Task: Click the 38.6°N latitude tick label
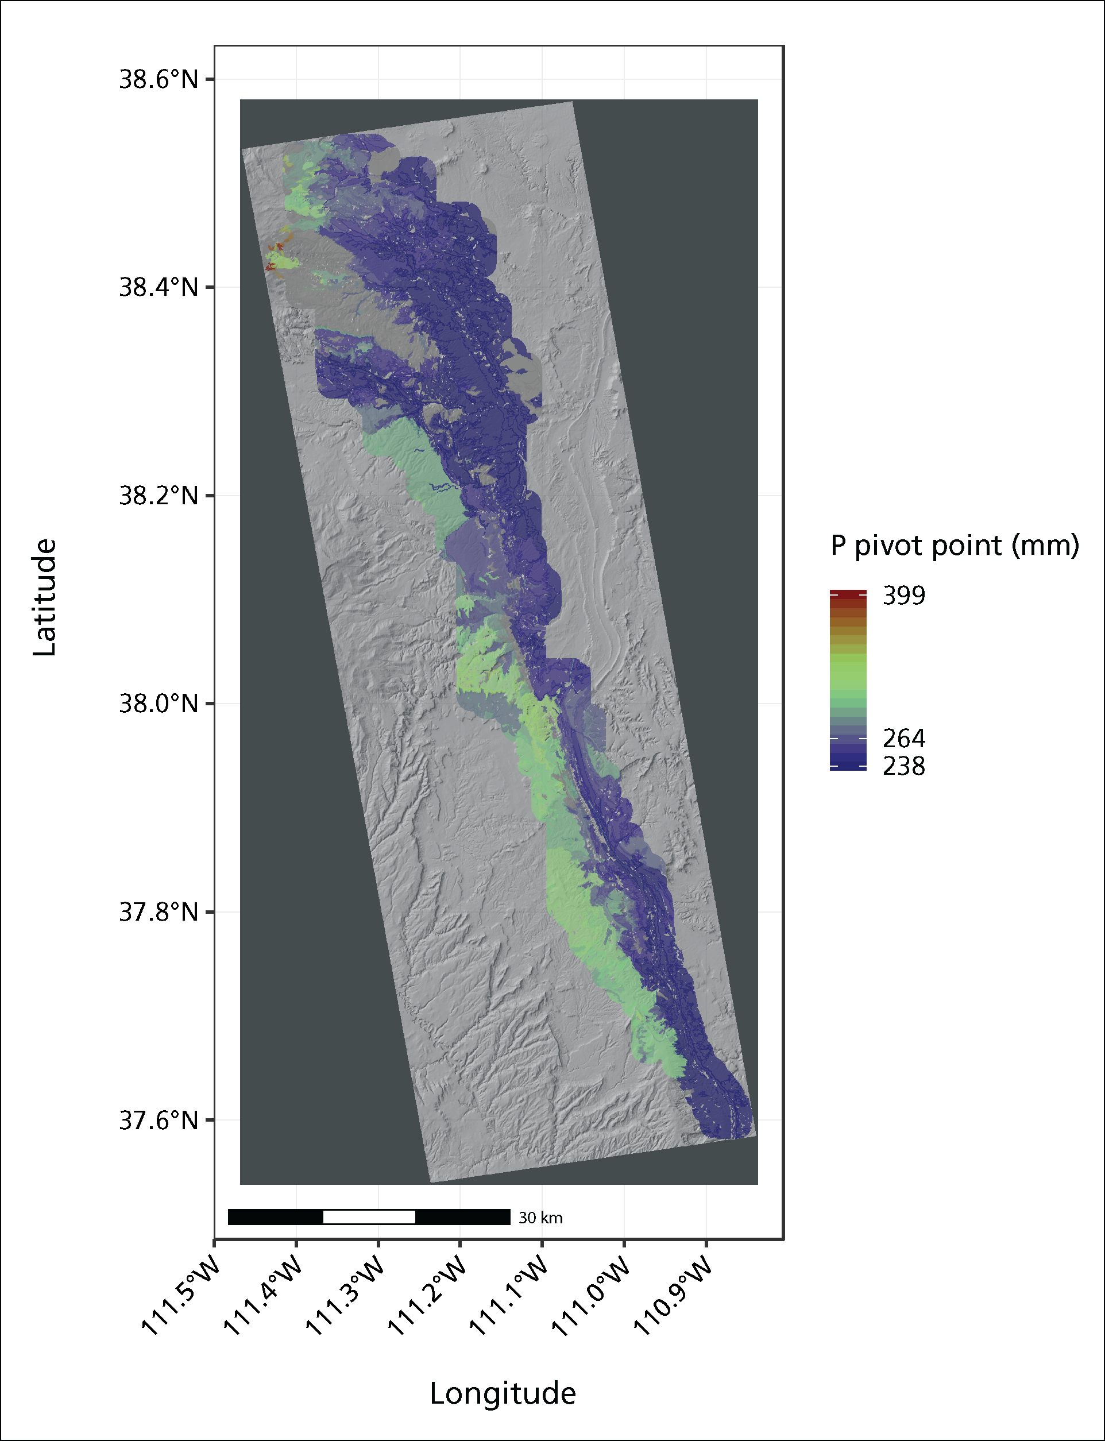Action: click(x=158, y=80)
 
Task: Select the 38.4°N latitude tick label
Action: click(x=158, y=287)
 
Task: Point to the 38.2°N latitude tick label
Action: click(x=158, y=496)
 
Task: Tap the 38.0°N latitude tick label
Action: click(x=158, y=704)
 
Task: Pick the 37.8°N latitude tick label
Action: click(x=158, y=912)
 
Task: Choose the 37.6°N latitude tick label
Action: click(x=158, y=1120)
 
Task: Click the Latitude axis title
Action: click(x=45, y=597)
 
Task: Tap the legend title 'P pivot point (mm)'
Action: click(x=955, y=546)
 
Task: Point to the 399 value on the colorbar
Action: click(x=904, y=596)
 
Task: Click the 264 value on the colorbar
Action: click(x=904, y=739)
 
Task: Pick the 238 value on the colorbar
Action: click(x=904, y=767)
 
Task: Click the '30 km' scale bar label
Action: click(x=540, y=1218)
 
